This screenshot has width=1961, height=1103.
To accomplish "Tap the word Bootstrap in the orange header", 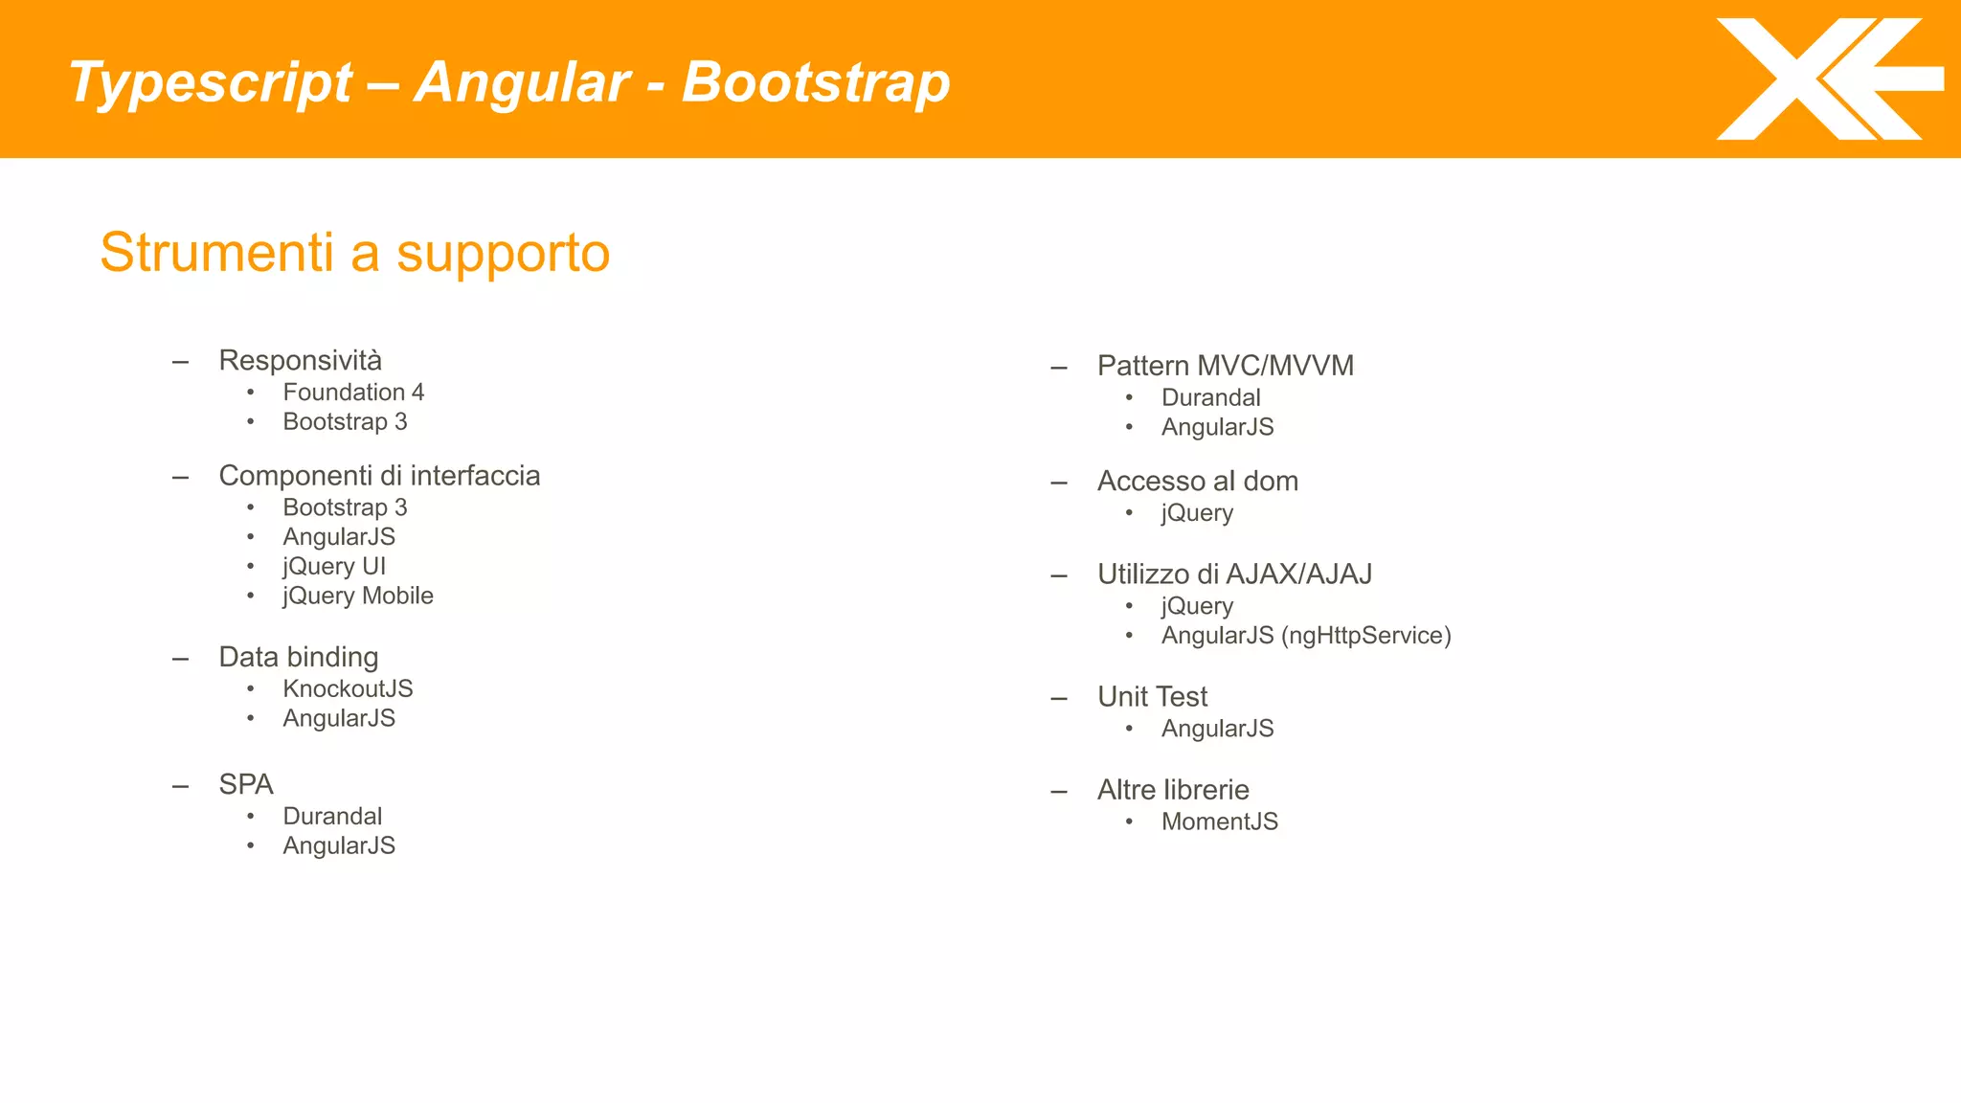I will coord(816,82).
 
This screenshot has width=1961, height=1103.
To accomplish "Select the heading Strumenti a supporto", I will coord(354,253).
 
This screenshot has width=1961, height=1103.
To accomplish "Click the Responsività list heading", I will coord(300,361).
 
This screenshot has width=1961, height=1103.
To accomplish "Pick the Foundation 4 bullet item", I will coord(353,393).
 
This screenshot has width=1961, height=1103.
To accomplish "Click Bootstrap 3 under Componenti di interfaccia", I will coord(345,507).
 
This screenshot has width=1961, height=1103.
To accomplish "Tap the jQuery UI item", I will coord(334,567).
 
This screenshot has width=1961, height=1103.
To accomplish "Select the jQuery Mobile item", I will coord(358,597).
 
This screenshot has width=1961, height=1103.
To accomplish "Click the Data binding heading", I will coord(299,658).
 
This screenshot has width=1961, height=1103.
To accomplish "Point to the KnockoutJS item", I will coord(348,689).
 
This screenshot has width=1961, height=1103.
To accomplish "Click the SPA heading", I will coord(246,785).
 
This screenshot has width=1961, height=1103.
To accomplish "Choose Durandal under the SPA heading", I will coord(332,817).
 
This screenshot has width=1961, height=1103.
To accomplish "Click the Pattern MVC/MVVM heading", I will coord(1226,366).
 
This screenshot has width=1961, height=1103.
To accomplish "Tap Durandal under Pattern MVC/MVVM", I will coord(1210,398).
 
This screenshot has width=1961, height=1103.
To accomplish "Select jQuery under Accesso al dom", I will coord(1197,513).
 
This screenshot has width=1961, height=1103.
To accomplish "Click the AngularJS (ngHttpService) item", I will coord(1306,636).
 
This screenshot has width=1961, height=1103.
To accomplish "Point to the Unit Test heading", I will coord(1153,697).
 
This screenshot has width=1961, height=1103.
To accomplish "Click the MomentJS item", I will coord(1220,822).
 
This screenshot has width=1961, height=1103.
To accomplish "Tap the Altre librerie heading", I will coord(1173,790).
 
